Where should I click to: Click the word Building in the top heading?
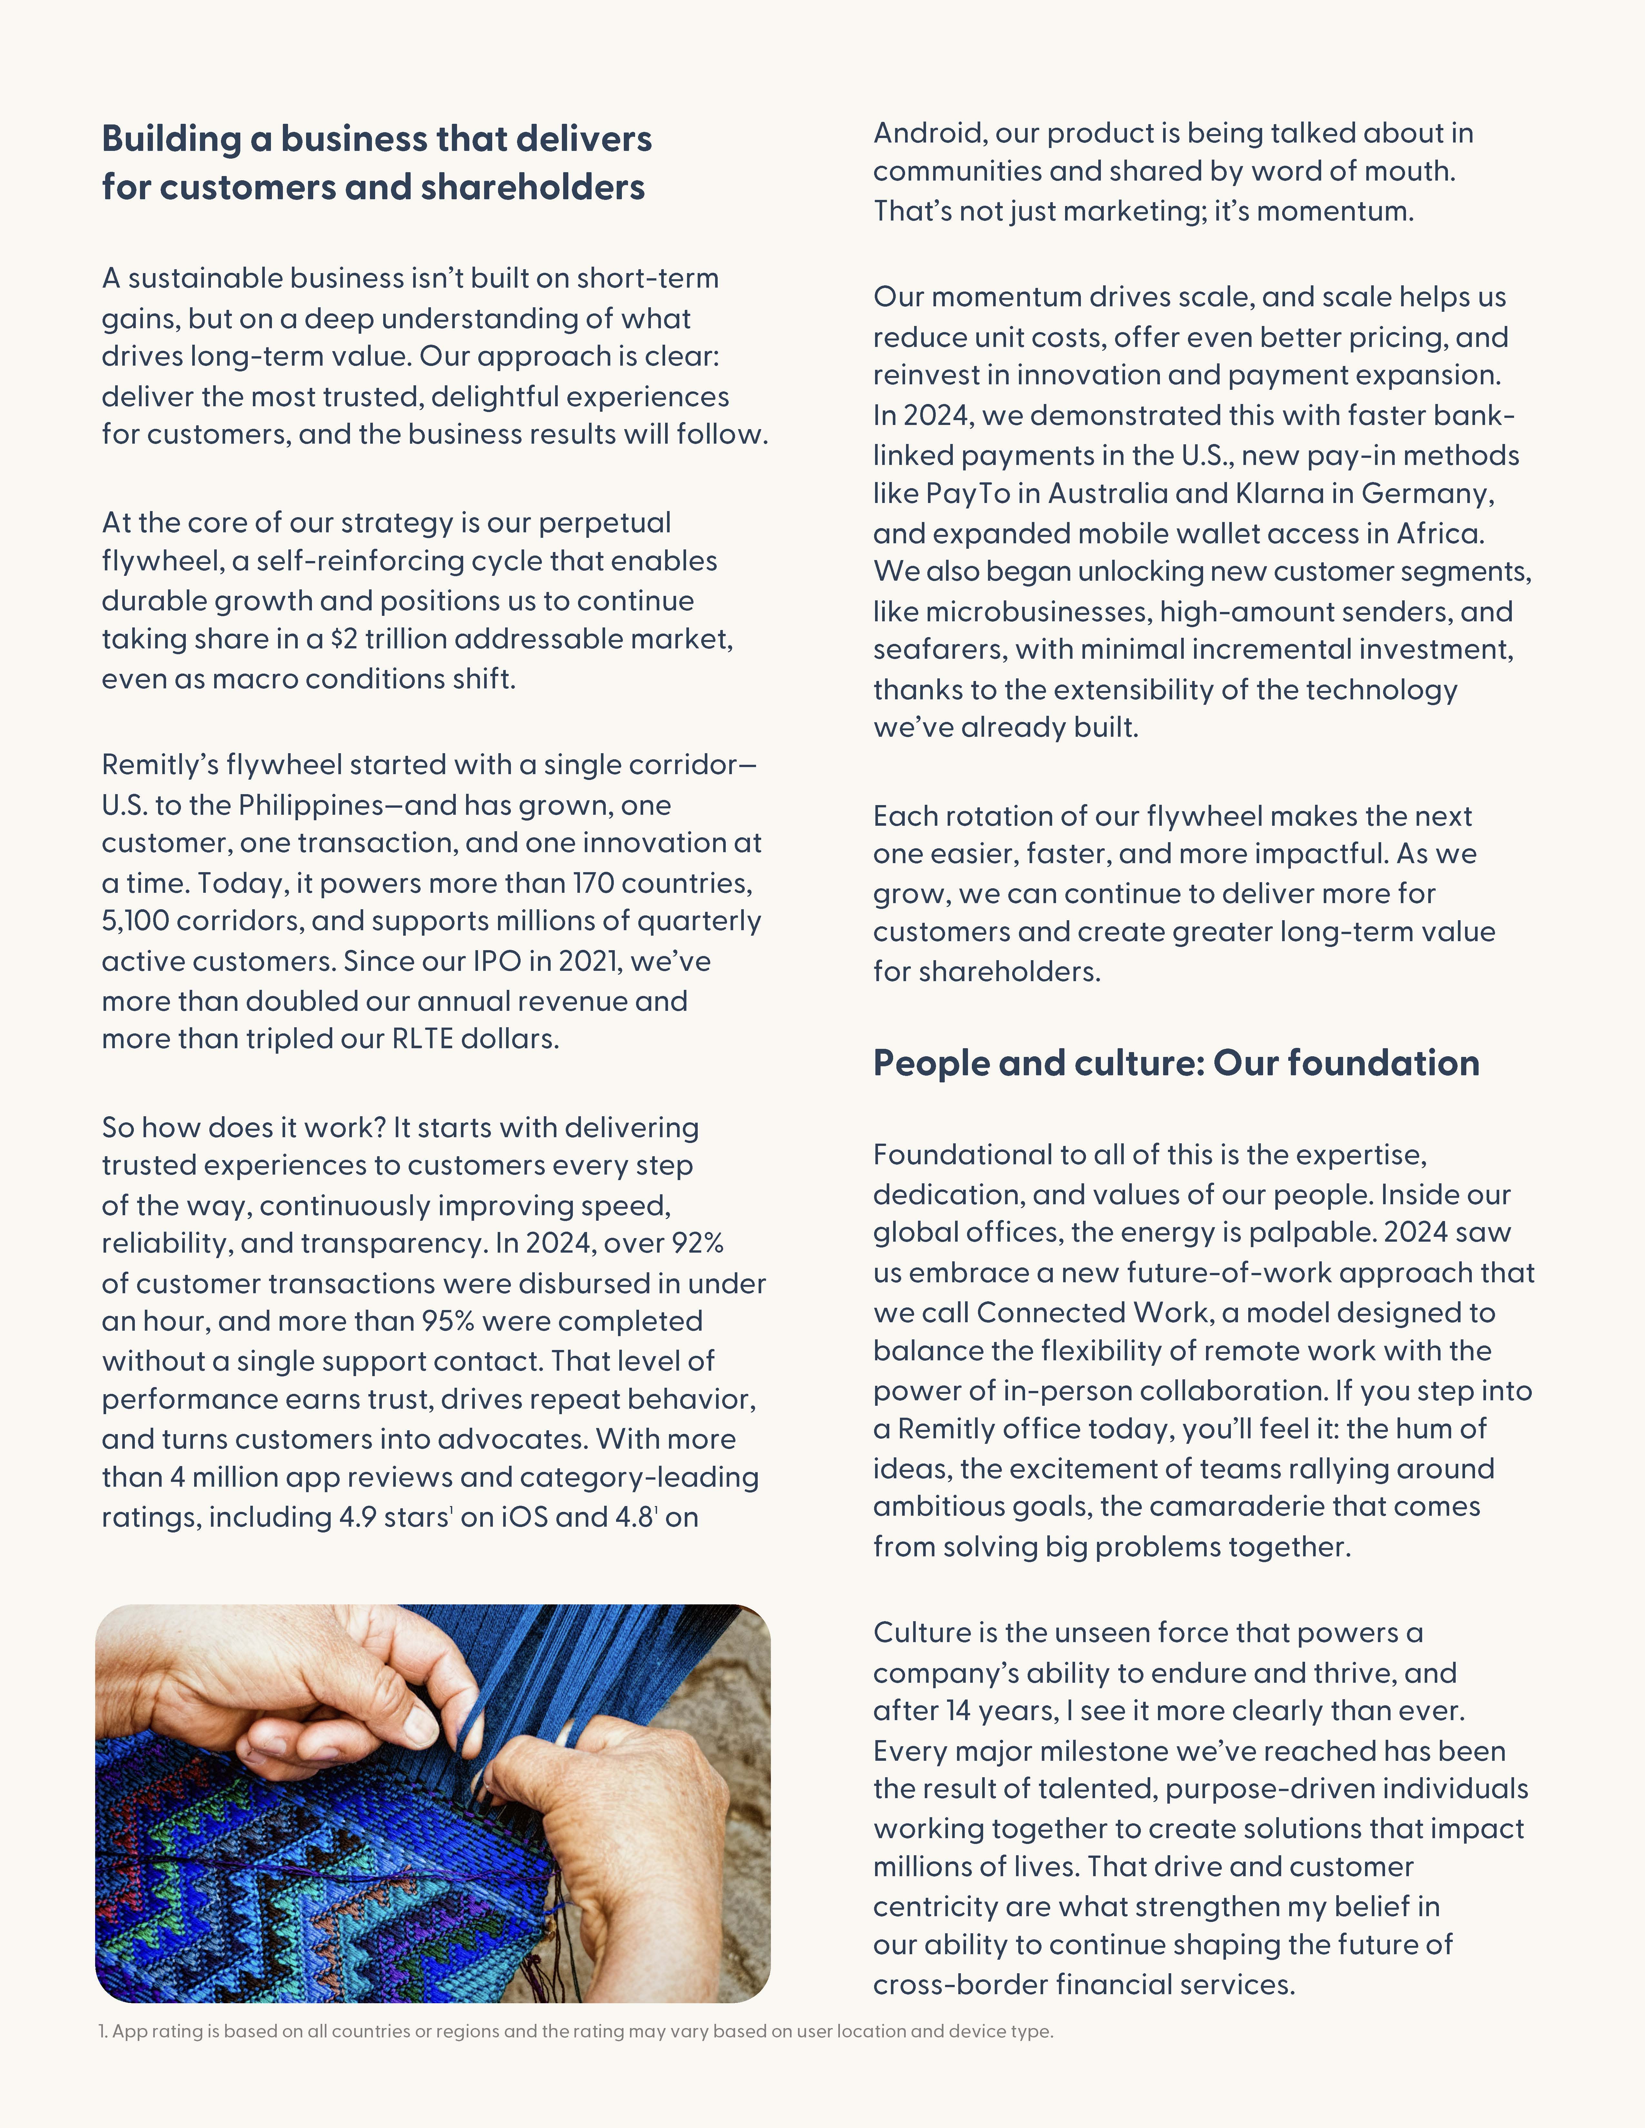point(171,139)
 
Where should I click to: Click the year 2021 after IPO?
point(589,961)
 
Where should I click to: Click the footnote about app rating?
point(575,2032)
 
